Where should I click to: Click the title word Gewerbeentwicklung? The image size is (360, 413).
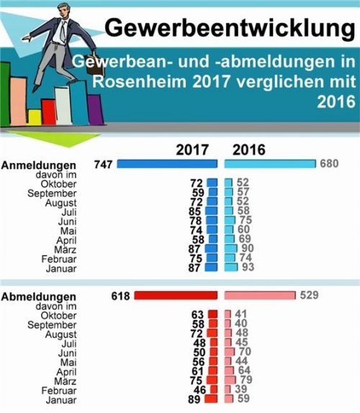click(230, 27)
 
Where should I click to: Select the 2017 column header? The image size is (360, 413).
click(192, 150)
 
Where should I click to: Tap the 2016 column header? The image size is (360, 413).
click(249, 150)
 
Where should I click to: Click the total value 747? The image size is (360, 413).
click(104, 165)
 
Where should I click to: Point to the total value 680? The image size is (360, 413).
click(329, 165)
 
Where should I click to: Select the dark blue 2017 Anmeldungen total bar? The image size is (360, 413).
click(167, 165)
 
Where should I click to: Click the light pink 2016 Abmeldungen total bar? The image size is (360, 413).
click(260, 295)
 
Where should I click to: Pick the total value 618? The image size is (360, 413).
click(122, 296)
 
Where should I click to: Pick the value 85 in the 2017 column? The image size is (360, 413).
click(195, 212)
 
